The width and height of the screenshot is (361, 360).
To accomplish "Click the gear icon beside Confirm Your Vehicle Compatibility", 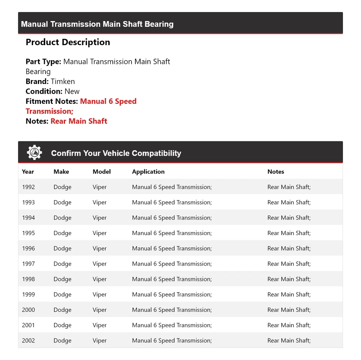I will point(35,153).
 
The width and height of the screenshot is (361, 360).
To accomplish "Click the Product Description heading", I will point(68,42).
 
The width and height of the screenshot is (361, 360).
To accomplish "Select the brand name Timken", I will point(63,81).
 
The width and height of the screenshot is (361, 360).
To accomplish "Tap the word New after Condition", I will point(72,91).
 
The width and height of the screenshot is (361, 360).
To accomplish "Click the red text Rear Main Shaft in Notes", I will point(79,121).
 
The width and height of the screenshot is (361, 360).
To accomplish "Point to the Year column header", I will point(28,172).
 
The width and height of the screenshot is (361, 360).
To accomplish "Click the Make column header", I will point(61,172).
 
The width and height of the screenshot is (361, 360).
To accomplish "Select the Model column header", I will point(102,172).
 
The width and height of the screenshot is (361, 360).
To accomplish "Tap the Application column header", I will point(148,172).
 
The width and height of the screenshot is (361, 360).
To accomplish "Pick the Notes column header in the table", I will point(276,172).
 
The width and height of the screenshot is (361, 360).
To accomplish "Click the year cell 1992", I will point(28,187).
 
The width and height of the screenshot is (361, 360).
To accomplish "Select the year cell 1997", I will point(28,264).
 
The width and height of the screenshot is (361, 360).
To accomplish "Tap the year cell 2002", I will point(28,340).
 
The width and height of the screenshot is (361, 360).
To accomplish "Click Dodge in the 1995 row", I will point(62,233).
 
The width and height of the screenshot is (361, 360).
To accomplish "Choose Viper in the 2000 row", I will point(100,310).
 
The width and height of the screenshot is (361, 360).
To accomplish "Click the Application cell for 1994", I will point(172,217).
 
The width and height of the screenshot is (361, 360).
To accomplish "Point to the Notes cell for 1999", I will point(289,294).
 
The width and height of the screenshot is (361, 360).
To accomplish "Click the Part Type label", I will point(43,61).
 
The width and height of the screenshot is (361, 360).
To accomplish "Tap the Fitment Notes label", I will point(52,101).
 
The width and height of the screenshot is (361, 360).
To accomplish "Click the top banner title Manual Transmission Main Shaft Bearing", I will point(97,24).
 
